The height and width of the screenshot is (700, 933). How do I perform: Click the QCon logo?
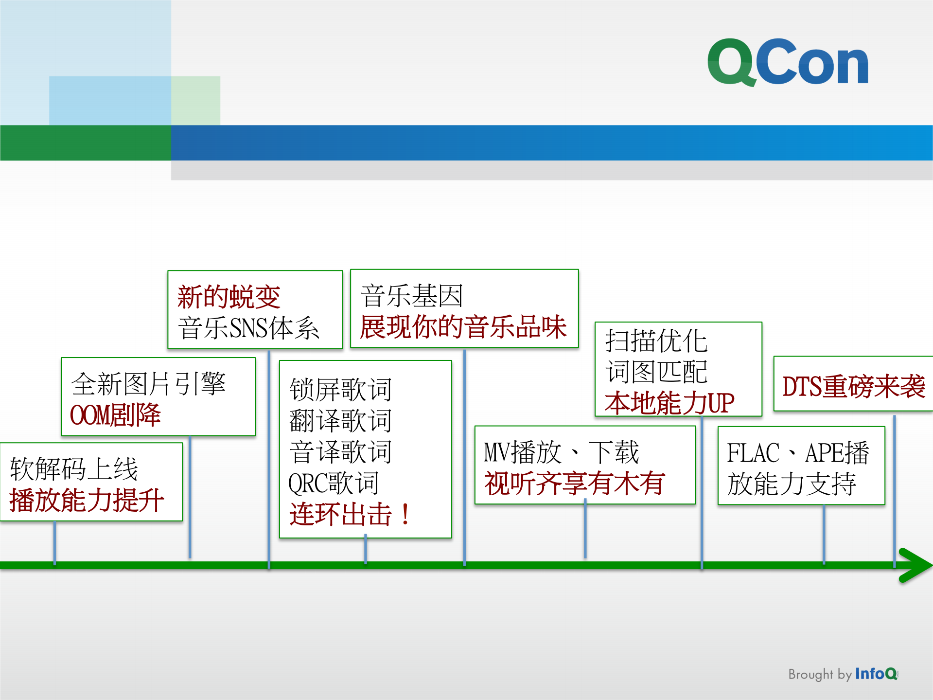click(788, 62)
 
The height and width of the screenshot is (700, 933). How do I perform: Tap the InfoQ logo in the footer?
click(876, 674)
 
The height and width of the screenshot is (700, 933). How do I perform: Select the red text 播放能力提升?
click(87, 501)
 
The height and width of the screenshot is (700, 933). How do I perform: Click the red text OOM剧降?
click(115, 415)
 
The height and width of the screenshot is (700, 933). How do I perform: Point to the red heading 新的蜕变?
click(229, 297)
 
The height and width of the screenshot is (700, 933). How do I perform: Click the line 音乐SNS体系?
click(248, 328)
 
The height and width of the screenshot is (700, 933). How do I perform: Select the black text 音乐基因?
click(411, 296)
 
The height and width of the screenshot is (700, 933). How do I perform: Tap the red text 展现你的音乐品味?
click(463, 327)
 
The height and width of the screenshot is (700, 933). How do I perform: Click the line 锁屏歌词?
click(340, 390)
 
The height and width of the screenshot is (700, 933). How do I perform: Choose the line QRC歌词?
click(334, 483)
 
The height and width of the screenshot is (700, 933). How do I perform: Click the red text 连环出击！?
click(350, 515)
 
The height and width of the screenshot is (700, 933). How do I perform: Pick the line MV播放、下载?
click(561, 452)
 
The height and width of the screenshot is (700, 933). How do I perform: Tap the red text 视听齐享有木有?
click(574, 484)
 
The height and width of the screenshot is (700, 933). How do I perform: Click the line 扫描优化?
click(656, 341)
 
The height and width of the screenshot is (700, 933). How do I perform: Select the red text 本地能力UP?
click(669, 403)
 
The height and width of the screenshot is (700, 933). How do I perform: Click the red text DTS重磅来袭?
click(853, 387)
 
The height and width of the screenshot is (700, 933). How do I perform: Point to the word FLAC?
click(753, 453)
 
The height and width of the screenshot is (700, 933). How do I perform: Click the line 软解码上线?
click(74, 469)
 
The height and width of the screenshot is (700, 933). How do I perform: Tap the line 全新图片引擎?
click(148, 384)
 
